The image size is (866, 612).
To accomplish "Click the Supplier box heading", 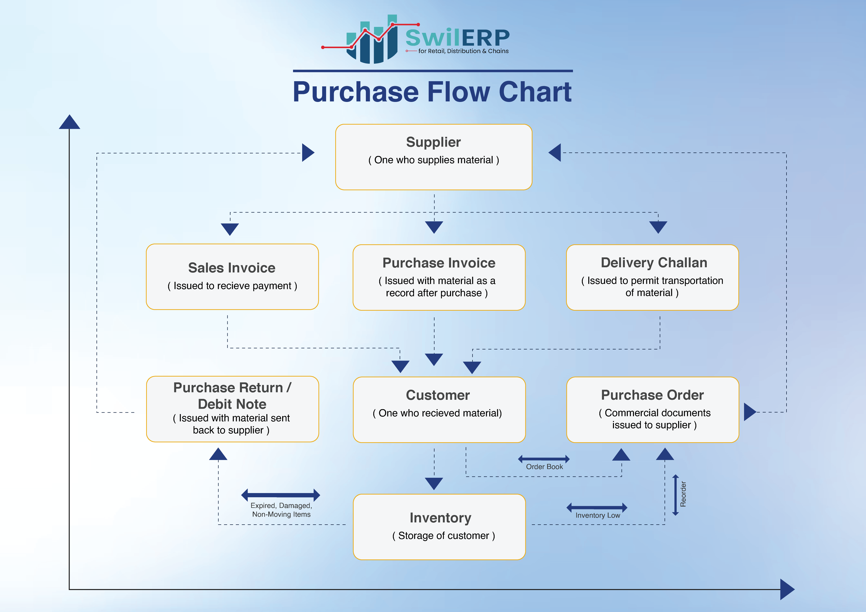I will click(x=433, y=142).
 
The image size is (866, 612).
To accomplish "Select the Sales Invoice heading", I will click(x=232, y=268).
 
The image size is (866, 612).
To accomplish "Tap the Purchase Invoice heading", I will click(x=439, y=263).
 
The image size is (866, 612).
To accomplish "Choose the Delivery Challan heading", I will click(x=654, y=263).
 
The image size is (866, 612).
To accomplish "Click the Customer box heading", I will click(x=437, y=395).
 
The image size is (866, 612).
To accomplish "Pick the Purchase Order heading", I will click(x=652, y=395).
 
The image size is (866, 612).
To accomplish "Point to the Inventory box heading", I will click(x=440, y=518).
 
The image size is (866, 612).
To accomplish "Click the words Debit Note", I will click(x=232, y=404).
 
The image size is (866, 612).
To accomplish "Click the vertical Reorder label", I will click(x=683, y=494).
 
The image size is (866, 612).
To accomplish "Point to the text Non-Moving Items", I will click(x=281, y=514).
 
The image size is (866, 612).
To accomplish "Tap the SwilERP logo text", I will click(x=457, y=38).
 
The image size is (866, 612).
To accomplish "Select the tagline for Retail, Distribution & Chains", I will click(x=463, y=51).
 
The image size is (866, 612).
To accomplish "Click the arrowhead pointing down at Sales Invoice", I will click(x=230, y=229).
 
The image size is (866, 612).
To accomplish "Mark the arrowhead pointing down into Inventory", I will click(x=434, y=483).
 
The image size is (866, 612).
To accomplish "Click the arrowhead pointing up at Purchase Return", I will click(x=218, y=454).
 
